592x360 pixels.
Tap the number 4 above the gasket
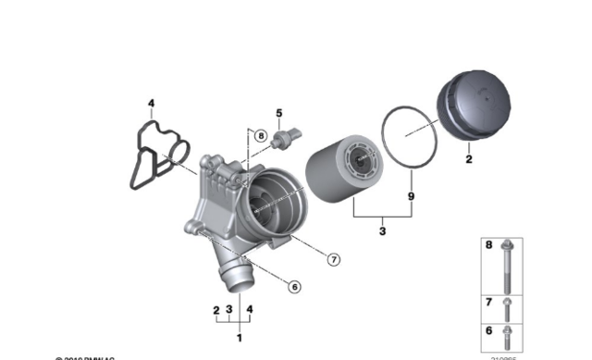[153, 103]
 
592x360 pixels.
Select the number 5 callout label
[277, 113]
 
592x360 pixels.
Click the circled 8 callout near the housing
[261, 136]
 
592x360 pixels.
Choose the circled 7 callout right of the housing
[334, 259]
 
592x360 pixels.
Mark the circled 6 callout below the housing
[294, 286]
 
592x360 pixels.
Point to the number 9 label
[411, 196]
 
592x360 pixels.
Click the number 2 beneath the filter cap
[468, 160]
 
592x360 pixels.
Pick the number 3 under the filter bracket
[381, 230]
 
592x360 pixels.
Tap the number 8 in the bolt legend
[490, 246]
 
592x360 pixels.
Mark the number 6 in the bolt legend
[490, 330]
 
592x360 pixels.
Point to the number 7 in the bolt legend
[490, 303]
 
